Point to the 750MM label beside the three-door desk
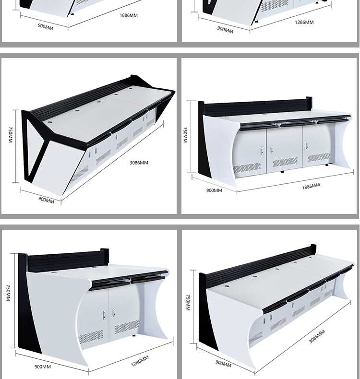185,135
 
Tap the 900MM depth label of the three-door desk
214,190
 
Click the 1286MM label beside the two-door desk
140,360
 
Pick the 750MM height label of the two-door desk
8,293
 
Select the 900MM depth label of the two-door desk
43,367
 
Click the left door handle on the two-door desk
103,315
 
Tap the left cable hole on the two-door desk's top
53,271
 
